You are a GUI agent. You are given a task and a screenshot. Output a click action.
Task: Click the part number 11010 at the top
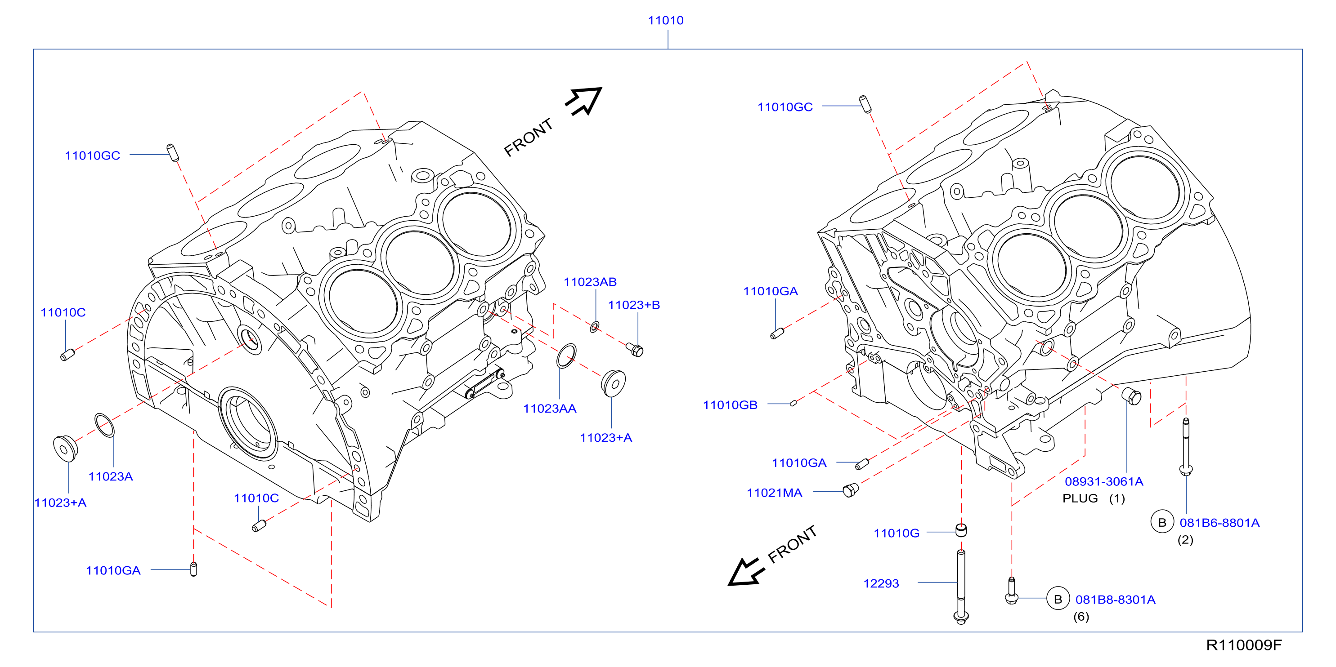click(x=665, y=20)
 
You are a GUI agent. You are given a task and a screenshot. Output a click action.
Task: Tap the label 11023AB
click(x=590, y=282)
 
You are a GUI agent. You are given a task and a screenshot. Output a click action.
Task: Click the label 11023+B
click(x=634, y=305)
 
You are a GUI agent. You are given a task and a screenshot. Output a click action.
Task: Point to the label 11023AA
click(x=550, y=409)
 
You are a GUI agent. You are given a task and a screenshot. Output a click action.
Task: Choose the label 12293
click(x=881, y=583)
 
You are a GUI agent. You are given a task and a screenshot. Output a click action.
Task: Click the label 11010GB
click(x=730, y=405)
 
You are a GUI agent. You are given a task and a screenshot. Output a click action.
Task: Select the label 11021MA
click(x=774, y=493)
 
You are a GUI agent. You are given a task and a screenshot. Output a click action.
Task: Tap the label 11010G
click(x=896, y=534)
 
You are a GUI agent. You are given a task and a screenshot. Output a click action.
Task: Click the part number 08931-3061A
click(x=1103, y=481)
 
